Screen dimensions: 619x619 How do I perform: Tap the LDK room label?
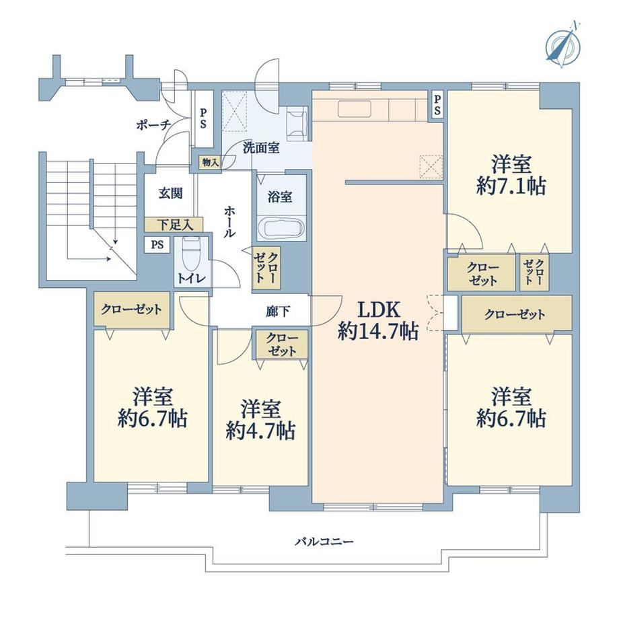379,309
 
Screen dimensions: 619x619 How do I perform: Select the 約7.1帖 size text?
511,186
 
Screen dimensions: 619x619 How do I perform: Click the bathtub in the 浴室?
281,228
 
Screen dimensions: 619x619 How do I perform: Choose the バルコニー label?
324,541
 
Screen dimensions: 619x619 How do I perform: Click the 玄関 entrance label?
170,194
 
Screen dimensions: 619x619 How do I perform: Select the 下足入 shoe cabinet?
174,225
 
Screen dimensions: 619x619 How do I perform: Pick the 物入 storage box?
210,162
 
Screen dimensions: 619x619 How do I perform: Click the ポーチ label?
153,125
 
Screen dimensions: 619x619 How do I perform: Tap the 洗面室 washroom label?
261,147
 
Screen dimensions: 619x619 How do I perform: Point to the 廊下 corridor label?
277,312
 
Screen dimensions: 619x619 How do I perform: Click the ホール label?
229,221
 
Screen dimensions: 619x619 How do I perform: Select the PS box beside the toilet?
157,245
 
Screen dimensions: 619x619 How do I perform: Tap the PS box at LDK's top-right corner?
437,104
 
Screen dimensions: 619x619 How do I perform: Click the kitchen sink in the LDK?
355,109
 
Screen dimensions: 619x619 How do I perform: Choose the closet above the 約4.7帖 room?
281,344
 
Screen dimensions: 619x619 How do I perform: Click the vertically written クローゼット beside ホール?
266,268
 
